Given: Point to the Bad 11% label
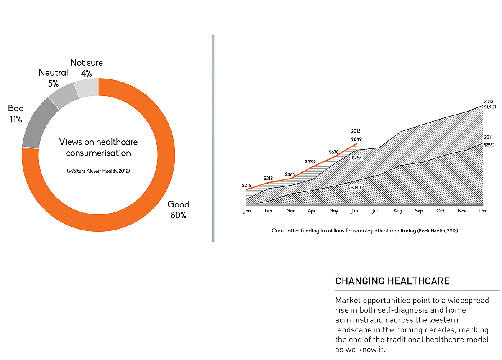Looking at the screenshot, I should (x=16, y=114).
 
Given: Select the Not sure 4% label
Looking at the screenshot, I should (x=87, y=68).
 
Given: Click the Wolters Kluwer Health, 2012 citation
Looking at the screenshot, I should (x=98, y=171).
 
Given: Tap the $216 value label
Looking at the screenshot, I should (x=246, y=185).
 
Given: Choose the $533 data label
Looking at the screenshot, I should (x=310, y=161).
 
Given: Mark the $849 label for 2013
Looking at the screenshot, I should (x=356, y=139).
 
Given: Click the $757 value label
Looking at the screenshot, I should (x=356, y=158).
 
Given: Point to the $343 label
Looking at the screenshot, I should (x=356, y=188).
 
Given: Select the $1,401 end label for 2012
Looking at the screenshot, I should (x=489, y=107).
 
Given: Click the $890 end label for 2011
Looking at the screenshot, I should (x=489, y=145).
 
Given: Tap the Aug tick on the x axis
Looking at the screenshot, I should (x=397, y=211).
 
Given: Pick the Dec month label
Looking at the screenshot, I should (x=483, y=211).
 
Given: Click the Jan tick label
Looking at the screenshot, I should (x=247, y=211).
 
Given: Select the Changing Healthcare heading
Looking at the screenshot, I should (x=392, y=281).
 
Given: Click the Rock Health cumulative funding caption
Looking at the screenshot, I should (x=365, y=230).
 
